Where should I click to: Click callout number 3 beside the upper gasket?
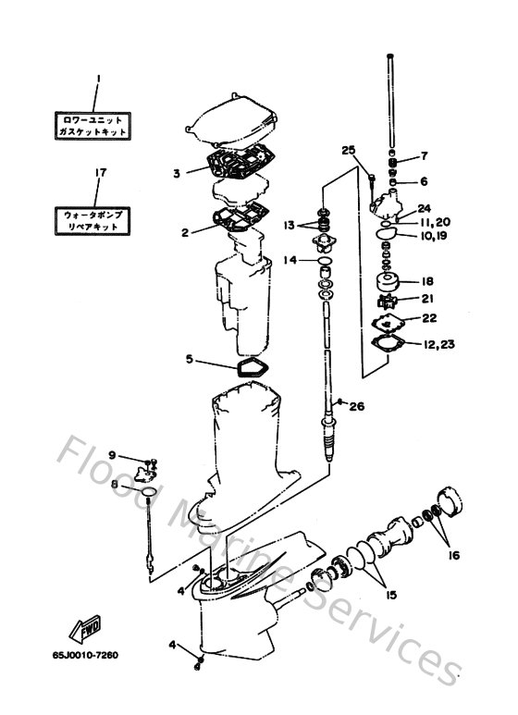click(176, 172)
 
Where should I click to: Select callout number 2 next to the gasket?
click(185, 232)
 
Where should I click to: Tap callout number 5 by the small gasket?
click(190, 359)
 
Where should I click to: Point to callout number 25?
click(348, 151)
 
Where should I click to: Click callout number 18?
click(426, 281)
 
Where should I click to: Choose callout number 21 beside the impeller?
click(426, 298)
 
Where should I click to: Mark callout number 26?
click(357, 405)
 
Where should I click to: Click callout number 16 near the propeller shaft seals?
click(453, 555)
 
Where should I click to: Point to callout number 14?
click(290, 261)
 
